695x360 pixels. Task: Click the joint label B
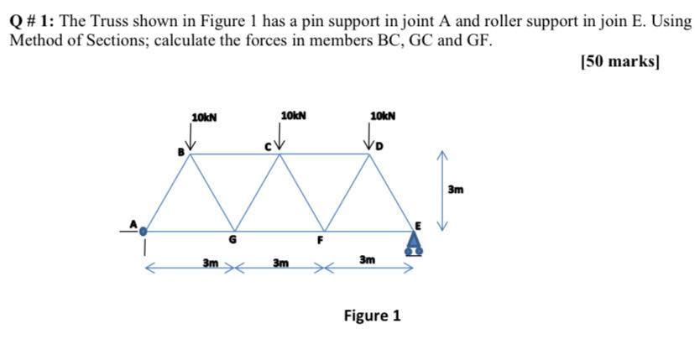pyautogui.click(x=179, y=152)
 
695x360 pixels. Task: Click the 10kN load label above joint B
pyautogui.click(x=204, y=117)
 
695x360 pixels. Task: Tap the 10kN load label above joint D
pyautogui.click(x=382, y=115)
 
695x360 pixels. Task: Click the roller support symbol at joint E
pyautogui.click(x=414, y=243)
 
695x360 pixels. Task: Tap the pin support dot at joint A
pyautogui.click(x=144, y=231)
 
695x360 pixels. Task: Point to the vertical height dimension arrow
pyautogui.click(x=447, y=190)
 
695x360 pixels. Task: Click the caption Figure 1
pyautogui.click(x=372, y=316)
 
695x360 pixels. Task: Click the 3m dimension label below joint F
pyautogui.click(x=367, y=261)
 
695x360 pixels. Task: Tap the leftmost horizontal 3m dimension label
pyautogui.click(x=211, y=264)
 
